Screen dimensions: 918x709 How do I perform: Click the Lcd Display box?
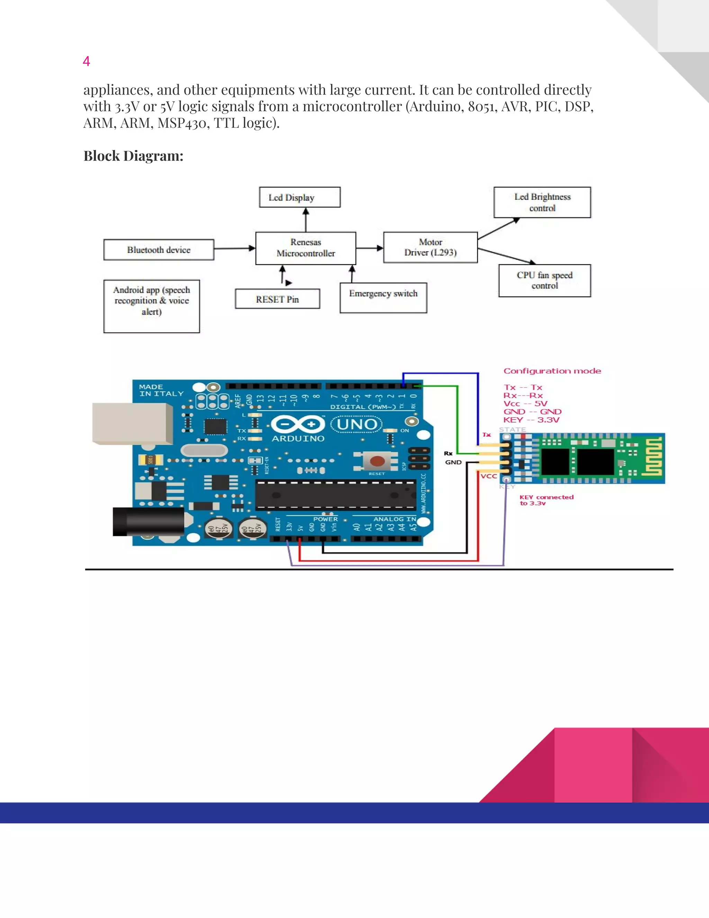[x=299, y=197]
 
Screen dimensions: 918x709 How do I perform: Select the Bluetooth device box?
[x=159, y=250]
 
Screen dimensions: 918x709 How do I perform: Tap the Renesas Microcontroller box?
[x=305, y=248]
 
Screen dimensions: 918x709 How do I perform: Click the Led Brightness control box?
[x=542, y=202]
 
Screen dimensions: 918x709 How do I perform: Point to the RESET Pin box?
[x=277, y=299]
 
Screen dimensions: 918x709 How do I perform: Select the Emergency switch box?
[x=383, y=298]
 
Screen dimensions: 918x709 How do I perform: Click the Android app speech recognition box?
[x=152, y=306]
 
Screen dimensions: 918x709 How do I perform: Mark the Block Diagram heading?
[x=133, y=156]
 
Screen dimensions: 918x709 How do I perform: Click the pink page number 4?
[x=86, y=61]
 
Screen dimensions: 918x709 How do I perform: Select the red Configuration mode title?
[x=552, y=371]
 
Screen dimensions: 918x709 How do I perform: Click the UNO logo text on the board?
[x=357, y=424]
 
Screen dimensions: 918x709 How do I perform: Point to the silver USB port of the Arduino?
[x=132, y=423]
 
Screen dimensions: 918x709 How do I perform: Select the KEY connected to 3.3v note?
[x=546, y=500]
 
